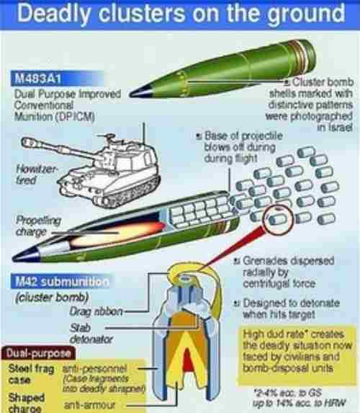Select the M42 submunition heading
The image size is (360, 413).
click(57, 282)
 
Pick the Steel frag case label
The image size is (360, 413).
click(27, 373)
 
